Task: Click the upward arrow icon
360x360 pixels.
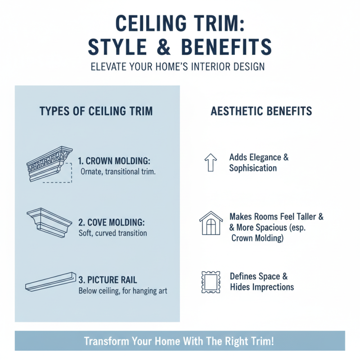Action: tap(211, 162)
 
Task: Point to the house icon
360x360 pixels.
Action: tap(211, 222)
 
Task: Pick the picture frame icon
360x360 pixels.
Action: tap(210, 282)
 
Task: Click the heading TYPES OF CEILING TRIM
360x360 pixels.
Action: tap(96, 112)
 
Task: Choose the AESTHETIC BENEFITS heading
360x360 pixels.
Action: tap(261, 112)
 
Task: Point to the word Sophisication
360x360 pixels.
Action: tap(253, 168)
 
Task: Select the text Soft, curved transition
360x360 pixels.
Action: tap(112, 234)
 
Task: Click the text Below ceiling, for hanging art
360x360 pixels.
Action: tap(123, 291)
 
